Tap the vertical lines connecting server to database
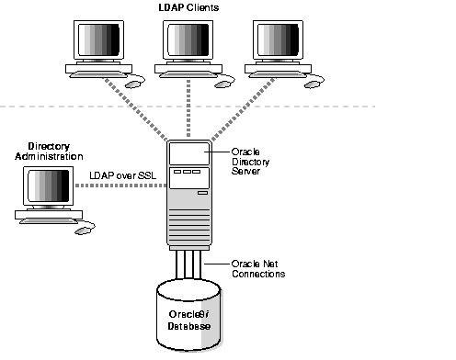pyautogui.click(x=190, y=271)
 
